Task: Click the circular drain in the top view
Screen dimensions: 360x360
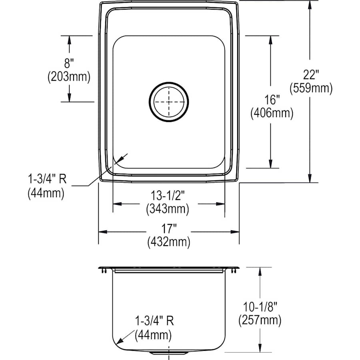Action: point(169,101)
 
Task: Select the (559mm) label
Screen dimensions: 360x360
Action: point(312,88)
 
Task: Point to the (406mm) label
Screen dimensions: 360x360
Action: point(272,114)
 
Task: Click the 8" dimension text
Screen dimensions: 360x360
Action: point(69,62)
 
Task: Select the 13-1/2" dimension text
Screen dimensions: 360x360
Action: point(168,195)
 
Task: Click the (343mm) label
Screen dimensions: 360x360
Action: point(168,208)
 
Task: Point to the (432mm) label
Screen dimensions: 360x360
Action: point(168,242)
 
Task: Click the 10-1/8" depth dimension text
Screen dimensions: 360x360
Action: point(260,306)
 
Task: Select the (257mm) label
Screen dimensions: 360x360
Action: point(260,320)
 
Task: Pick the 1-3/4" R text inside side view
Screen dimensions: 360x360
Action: point(154,321)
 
